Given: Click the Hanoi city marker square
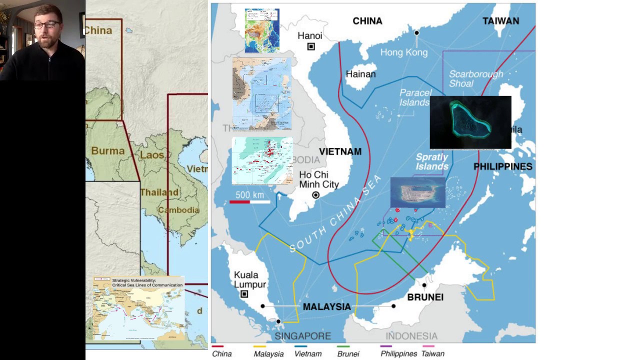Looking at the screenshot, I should [x=311, y=46].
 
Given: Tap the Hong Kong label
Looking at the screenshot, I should [x=404, y=52].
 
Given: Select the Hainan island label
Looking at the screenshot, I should [x=360, y=74].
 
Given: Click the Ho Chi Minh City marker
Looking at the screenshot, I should [x=315, y=195].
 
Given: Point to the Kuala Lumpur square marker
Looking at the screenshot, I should [x=244, y=294].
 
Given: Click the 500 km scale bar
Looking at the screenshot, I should [x=249, y=201].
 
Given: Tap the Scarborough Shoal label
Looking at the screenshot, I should [x=475, y=78].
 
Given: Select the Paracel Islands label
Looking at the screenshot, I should [x=415, y=97].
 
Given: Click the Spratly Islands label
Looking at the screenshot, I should [x=432, y=161].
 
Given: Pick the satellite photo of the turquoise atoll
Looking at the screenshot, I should [x=470, y=122].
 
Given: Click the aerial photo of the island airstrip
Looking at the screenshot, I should [x=417, y=192].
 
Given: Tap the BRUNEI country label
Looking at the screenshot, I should [x=425, y=297].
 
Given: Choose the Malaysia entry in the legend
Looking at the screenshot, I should [x=268, y=353].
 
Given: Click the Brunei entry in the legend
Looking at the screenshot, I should [x=348, y=353].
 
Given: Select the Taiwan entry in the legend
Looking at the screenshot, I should [x=432, y=353].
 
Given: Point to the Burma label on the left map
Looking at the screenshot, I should [x=107, y=150].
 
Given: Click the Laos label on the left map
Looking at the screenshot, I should [x=151, y=155].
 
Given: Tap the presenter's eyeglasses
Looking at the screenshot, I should [x=47, y=24].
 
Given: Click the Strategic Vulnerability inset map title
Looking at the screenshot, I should [x=147, y=282].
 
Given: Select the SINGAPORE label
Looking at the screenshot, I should [x=302, y=335].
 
